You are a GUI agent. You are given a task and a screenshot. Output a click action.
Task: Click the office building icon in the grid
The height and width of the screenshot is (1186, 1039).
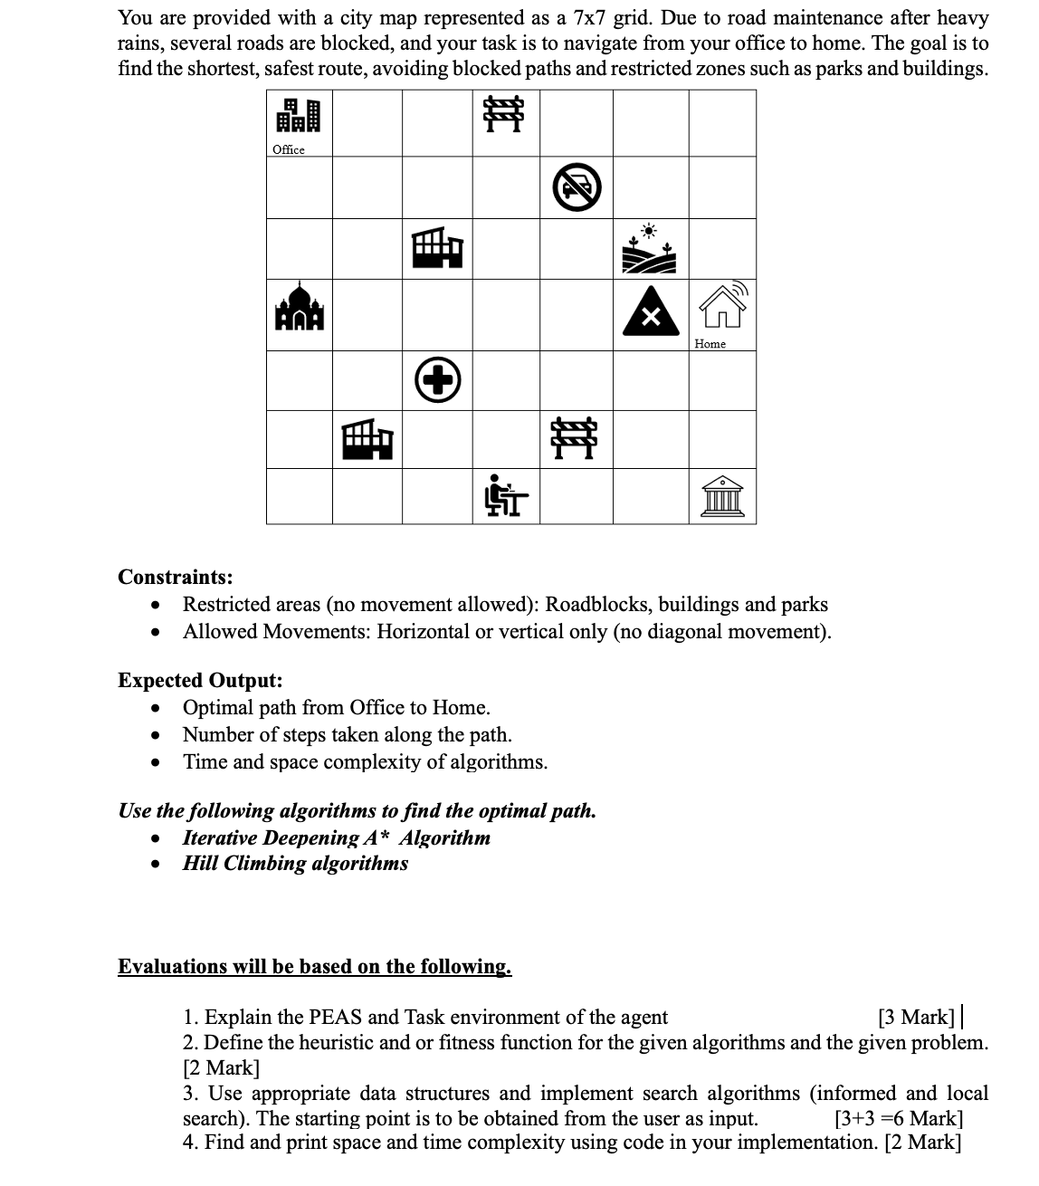(x=298, y=117)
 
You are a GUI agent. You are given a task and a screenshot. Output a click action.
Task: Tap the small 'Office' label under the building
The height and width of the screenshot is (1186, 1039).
(x=289, y=149)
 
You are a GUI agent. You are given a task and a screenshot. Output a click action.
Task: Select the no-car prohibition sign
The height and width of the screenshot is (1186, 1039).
(x=577, y=187)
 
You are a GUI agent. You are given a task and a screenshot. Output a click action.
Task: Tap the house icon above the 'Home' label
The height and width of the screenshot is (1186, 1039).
(x=722, y=306)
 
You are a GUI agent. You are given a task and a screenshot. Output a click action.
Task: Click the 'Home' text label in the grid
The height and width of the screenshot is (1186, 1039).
(x=710, y=343)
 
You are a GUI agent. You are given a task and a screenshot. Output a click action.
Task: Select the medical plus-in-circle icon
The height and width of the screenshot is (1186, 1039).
(x=438, y=381)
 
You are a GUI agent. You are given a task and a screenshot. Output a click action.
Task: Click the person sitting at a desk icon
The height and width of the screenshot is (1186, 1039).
(x=506, y=495)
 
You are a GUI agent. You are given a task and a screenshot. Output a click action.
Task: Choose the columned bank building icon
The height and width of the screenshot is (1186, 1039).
(x=722, y=496)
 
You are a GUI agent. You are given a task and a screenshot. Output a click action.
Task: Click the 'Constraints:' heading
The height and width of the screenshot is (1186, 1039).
(x=176, y=578)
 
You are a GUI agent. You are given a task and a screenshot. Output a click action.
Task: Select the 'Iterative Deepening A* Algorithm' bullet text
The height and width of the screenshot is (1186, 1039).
(x=336, y=837)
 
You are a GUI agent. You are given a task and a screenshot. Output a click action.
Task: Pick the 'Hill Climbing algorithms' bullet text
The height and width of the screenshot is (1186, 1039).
(x=295, y=863)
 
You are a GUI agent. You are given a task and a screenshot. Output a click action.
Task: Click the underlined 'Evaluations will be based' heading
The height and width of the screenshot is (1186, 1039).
(x=314, y=966)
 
